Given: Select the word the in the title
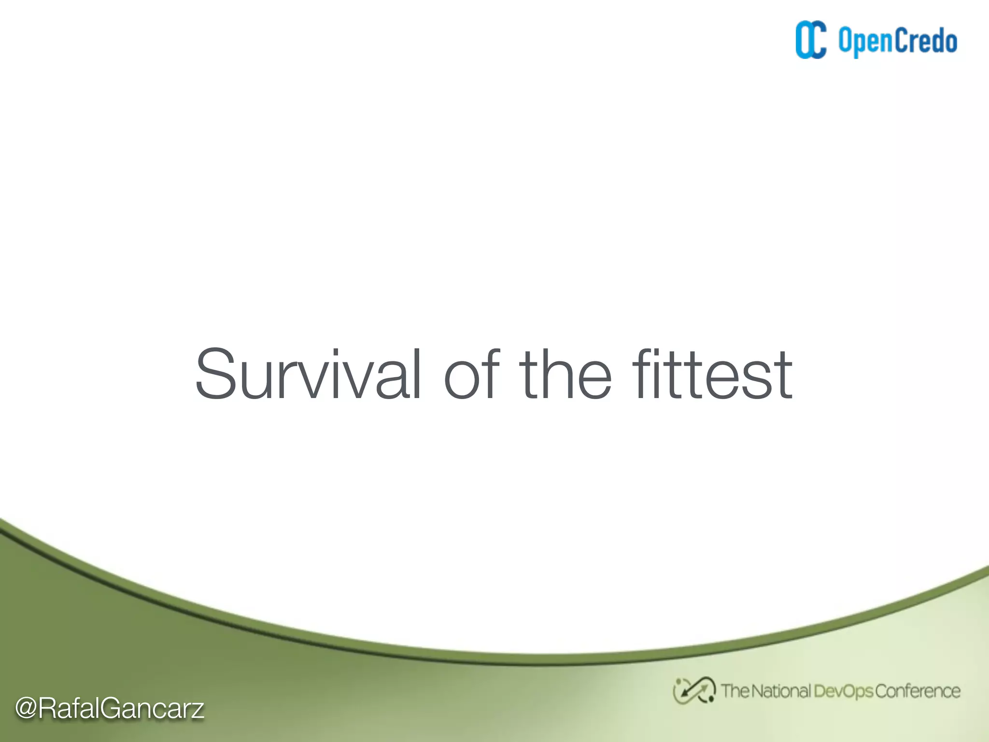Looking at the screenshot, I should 565,374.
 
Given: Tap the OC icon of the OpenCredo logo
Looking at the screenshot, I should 811,40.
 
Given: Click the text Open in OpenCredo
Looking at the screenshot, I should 865,42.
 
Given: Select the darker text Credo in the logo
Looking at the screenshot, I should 926,41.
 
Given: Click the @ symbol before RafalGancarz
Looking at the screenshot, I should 26,708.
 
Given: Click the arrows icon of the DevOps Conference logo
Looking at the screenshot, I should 694,691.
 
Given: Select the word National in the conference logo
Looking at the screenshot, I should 780,691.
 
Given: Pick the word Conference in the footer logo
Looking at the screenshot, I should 918,691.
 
